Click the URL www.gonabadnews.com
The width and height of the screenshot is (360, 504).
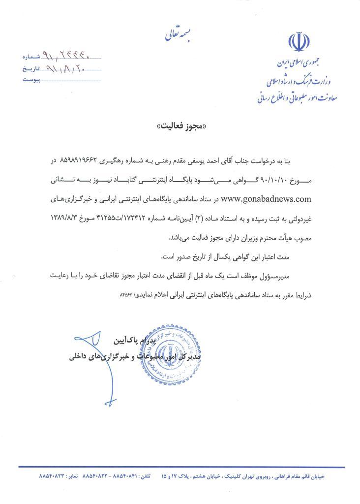[267, 199]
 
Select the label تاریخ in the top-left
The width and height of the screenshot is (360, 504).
[30, 69]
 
